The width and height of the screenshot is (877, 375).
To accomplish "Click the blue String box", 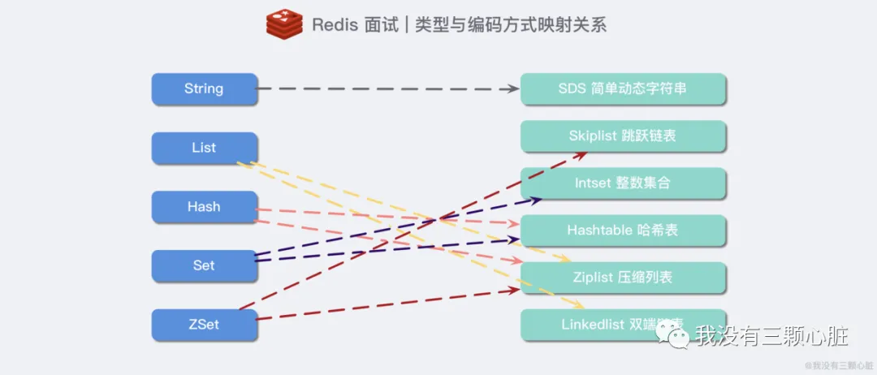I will click(204, 88).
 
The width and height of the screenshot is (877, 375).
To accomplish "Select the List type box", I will click(204, 148).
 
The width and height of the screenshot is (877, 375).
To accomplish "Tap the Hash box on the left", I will click(204, 207).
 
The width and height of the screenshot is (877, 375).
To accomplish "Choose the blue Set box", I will click(204, 265).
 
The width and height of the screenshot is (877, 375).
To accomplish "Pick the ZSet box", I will click(204, 325).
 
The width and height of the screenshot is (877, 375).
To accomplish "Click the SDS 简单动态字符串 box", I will click(623, 88).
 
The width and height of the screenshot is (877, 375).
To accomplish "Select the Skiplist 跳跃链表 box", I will click(623, 136).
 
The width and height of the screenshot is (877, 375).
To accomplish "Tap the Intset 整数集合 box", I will click(623, 183).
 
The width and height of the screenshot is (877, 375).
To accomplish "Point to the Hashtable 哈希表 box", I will click(623, 231).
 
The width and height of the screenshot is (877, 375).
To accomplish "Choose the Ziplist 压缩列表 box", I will click(623, 278).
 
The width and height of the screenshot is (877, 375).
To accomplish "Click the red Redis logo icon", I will click(284, 24).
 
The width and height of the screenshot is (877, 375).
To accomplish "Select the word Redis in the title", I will click(335, 24).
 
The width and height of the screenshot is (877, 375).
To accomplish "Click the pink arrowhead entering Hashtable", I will click(513, 223).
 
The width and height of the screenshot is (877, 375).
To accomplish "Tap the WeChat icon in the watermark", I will click(672, 333).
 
